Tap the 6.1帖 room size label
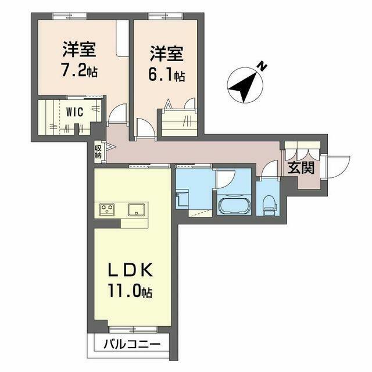(x=167, y=76)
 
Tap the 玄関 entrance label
(x=301, y=169)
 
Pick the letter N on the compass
(x=262, y=67)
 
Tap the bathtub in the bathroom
(x=233, y=206)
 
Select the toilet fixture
(x=269, y=203)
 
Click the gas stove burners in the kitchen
(x=107, y=209)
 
